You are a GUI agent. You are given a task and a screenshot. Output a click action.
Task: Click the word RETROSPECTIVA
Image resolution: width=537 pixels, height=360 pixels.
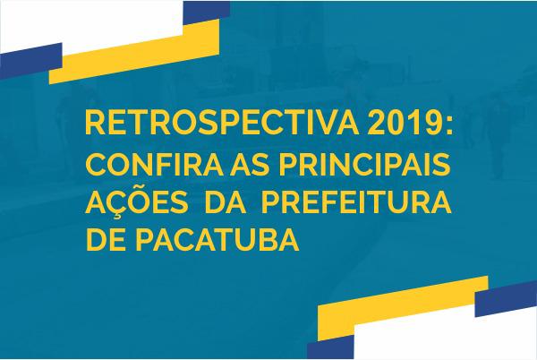click(222, 123)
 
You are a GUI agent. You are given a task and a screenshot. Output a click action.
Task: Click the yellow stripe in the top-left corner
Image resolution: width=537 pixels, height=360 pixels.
click(134, 51)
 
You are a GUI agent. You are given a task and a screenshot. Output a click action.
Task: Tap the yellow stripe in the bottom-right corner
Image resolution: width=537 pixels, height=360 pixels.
click(403, 308)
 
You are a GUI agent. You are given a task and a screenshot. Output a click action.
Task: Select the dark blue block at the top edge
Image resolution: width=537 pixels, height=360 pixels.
click(207, 13)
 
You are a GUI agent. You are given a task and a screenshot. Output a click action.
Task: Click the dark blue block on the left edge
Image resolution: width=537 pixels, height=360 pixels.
click(30, 61)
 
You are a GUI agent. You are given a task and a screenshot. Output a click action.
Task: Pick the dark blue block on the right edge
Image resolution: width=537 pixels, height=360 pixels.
click(506, 299)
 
